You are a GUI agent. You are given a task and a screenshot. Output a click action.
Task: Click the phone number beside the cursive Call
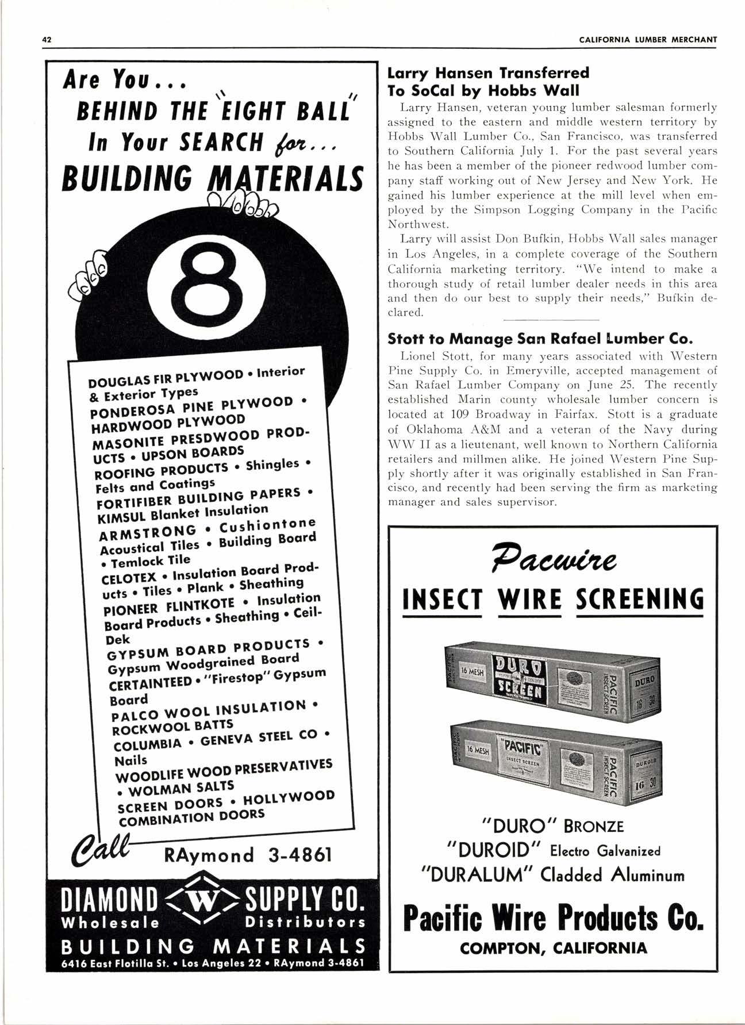249,855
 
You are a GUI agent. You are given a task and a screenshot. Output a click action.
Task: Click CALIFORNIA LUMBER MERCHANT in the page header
648,40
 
